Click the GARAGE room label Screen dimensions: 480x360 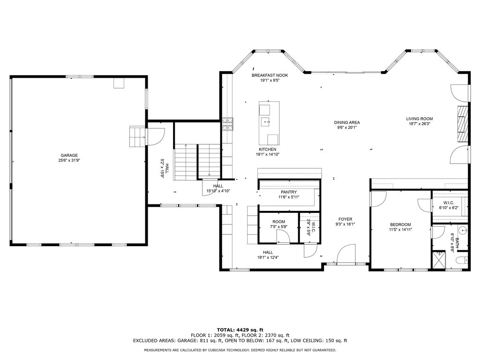pos(69,155)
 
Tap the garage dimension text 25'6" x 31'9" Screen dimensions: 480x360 pos(69,160)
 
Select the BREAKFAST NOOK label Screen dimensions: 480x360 pos(270,75)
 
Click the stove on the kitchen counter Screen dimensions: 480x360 pos(228,124)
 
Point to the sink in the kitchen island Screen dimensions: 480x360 pos(265,122)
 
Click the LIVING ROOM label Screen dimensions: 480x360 pos(420,119)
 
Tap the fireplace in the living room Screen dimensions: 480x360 pos(463,124)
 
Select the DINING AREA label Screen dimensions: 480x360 pos(347,122)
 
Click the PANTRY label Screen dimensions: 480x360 pos(289,192)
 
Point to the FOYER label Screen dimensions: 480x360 pos(345,219)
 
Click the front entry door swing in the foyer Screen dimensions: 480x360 pos(346,254)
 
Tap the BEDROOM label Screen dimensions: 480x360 pos(400,225)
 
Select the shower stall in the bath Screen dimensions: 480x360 pos(439,260)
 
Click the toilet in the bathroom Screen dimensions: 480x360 pos(462,260)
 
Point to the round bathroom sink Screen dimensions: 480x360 pos(464,229)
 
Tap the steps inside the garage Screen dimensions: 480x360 pos(137,136)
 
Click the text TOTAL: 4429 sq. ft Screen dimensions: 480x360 pos(240,330)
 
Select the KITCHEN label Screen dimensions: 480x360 pos(268,150)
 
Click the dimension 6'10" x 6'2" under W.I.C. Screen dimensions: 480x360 pos(449,208)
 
